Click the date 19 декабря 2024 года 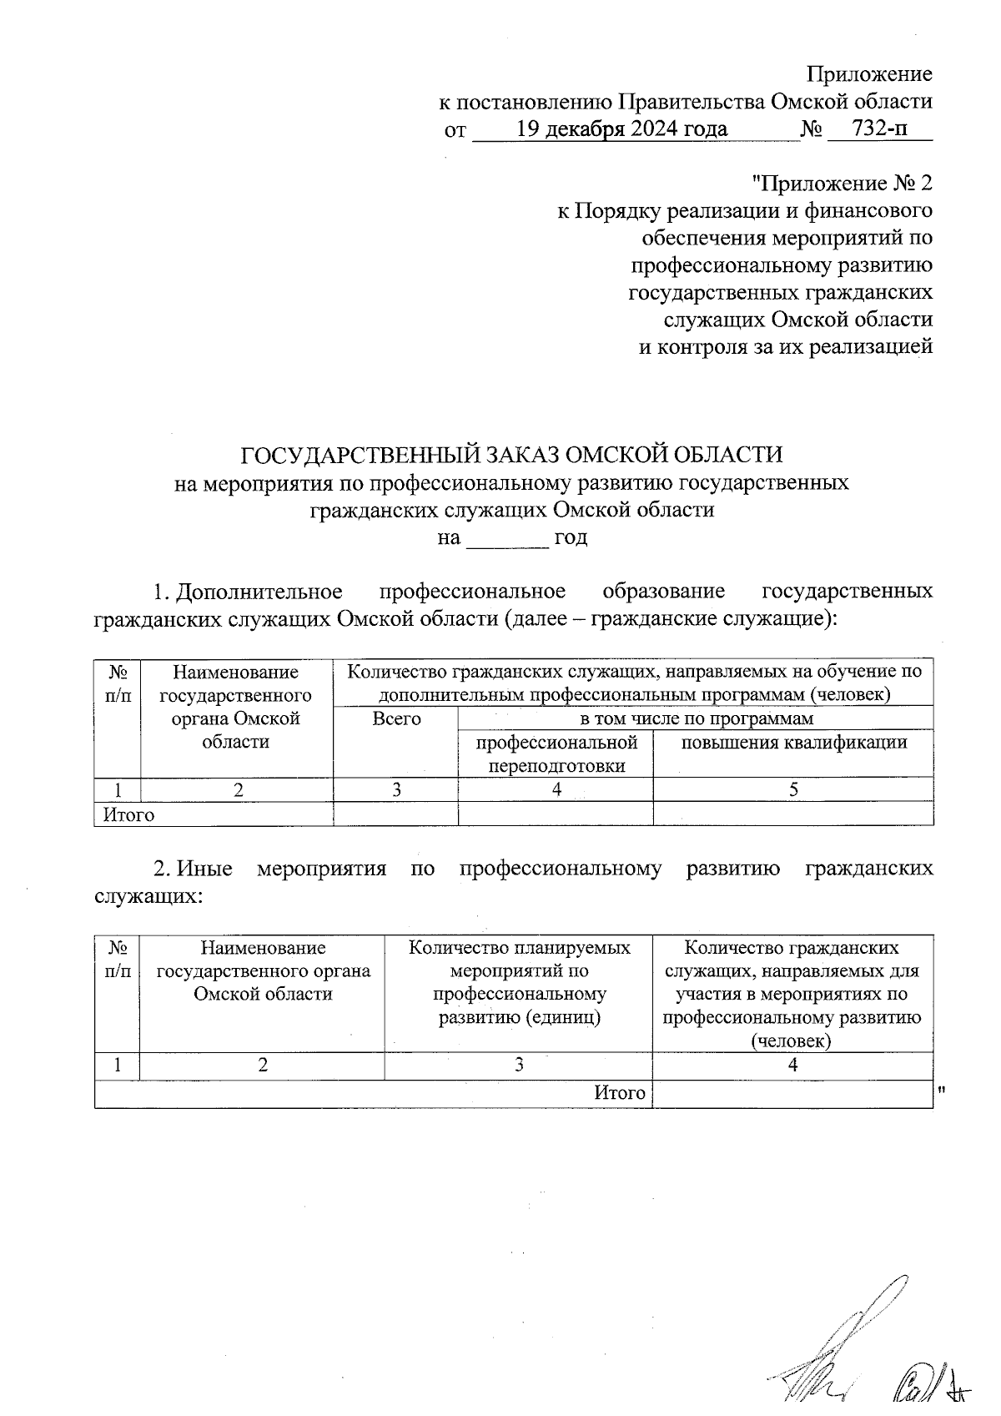click(x=621, y=129)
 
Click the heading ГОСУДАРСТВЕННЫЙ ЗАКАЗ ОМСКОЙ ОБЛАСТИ click(x=511, y=455)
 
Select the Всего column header click(x=396, y=718)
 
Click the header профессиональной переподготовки click(x=556, y=753)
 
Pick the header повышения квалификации click(x=793, y=743)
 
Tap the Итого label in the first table click(x=129, y=814)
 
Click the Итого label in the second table click(x=620, y=1093)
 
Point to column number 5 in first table click(x=793, y=790)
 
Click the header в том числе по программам click(x=696, y=718)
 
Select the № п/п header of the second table click(x=118, y=960)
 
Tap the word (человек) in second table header click(x=792, y=1041)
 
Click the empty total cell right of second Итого click(x=792, y=1093)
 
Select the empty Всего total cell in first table click(x=396, y=814)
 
